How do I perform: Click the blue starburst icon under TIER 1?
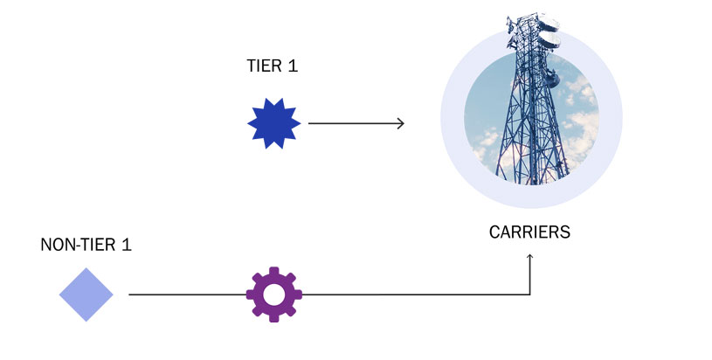click(273, 123)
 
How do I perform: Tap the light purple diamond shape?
click(86, 294)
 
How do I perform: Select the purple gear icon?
click(273, 294)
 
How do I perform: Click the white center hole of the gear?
click(273, 294)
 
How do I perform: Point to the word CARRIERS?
click(529, 233)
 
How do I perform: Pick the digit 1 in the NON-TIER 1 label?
click(127, 245)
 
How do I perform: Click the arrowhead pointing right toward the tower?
click(401, 123)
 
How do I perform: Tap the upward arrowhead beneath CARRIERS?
click(530, 258)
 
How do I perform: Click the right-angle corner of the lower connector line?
click(530, 294)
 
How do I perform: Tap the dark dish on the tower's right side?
click(552, 77)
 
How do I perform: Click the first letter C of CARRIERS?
click(494, 233)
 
